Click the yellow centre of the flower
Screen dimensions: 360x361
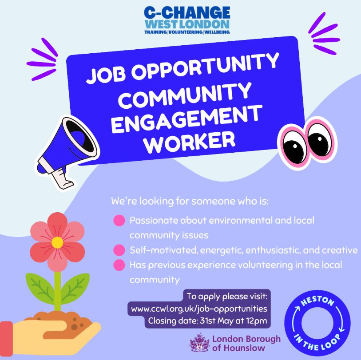click(57, 242)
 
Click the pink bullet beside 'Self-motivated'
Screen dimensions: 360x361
click(119, 249)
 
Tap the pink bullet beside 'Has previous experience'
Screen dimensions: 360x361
click(119, 265)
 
